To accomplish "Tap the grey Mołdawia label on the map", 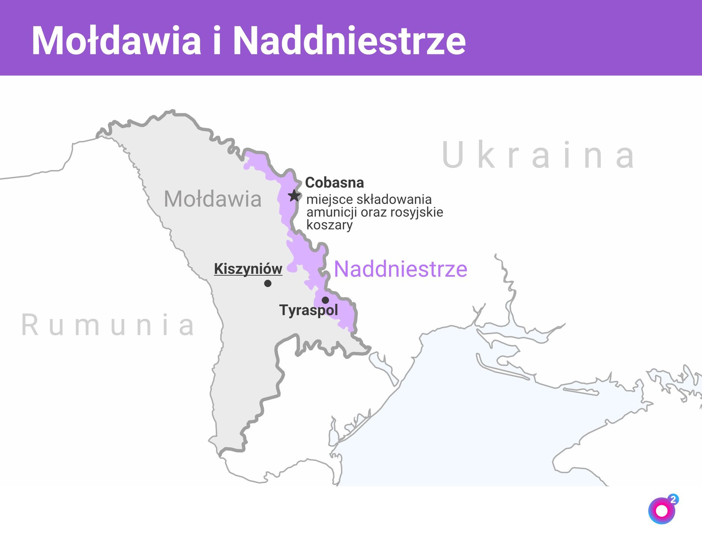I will coord(213,199).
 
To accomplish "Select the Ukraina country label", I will coord(538,155).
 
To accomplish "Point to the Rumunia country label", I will coord(108,325).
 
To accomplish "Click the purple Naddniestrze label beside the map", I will coord(400,269).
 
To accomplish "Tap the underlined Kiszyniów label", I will coord(248,269).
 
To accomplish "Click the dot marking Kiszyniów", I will coord(268,283).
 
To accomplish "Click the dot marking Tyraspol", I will coord(325,300).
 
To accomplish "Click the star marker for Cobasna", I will coord(294,195).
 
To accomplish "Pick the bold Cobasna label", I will coord(334,183).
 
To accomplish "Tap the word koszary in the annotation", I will coord(330,225).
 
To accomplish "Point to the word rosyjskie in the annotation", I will coord(417,212).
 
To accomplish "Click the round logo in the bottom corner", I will coord(661,511).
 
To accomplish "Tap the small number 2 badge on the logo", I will coord(673,499).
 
